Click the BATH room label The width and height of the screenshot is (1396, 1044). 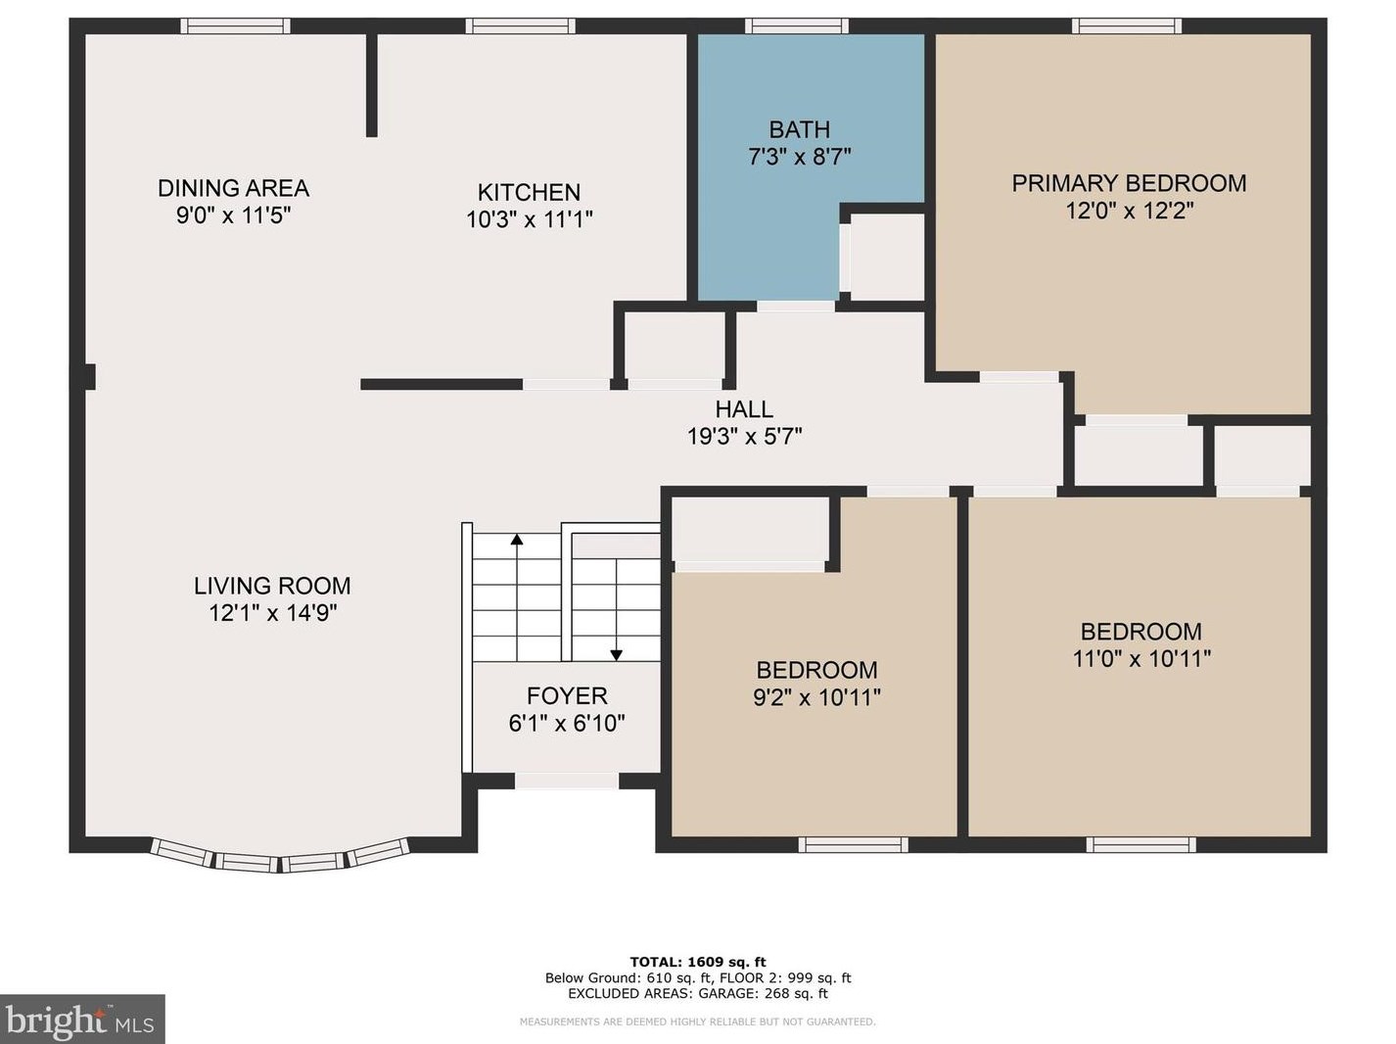click(x=800, y=130)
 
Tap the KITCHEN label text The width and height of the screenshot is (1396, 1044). click(x=530, y=192)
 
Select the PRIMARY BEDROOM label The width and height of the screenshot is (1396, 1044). click(x=1129, y=183)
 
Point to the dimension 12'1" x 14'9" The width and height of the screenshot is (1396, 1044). click(x=273, y=613)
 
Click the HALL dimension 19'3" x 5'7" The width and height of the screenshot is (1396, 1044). click(x=744, y=437)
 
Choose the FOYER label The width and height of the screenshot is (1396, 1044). click(x=567, y=696)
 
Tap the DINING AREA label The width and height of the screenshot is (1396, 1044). click(x=233, y=188)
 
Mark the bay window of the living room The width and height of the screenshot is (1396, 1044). click(x=279, y=858)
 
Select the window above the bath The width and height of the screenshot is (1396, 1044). click(x=796, y=26)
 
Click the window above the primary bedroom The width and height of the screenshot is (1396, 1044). click(x=1127, y=26)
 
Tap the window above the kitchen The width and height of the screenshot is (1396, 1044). click(x=520, y=26)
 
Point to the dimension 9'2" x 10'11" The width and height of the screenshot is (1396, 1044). click(x=816, y=698)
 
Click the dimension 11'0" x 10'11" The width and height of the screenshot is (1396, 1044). click(x=1141, y=658)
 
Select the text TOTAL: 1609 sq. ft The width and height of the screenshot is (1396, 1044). click(x=698, y=962)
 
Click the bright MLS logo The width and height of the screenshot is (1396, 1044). click(x=82, y=1020)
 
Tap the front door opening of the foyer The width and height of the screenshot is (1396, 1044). click(x=566, y=781)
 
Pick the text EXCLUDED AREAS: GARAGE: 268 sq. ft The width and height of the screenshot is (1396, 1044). click(x=698, y=994)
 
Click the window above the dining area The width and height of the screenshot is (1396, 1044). click(x=235, y=26)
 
